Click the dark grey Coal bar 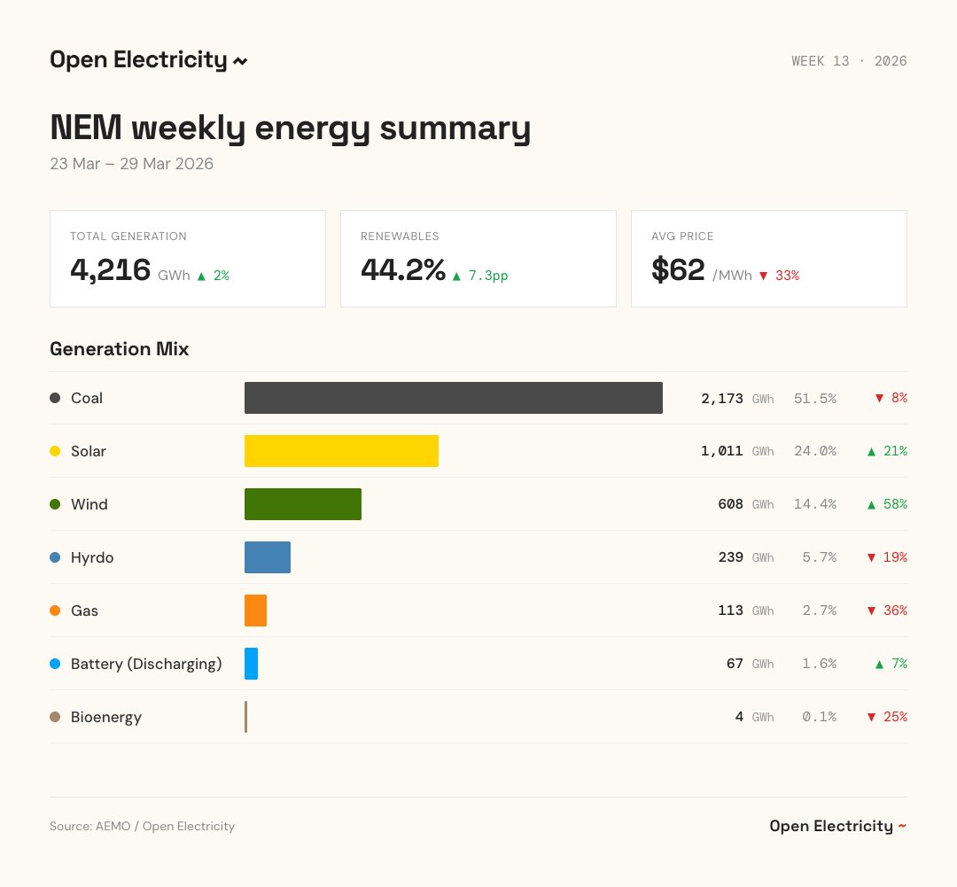coord(453,398)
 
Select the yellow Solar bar coord(341,451)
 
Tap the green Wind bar coord(302,504)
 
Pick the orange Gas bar coord(255,611)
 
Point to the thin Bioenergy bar coord(246,717)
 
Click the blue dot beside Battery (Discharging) coord(55,664)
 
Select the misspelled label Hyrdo coord(92,557)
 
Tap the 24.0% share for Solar coord(814,451)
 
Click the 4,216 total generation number coord(111,270)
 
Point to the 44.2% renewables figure coord(402,270)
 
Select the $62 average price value coord(678,270)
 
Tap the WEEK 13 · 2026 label coord(848,61)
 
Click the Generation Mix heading coord(119,349)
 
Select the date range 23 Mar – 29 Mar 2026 coord(131,164)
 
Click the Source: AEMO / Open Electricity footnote coord(142,826)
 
